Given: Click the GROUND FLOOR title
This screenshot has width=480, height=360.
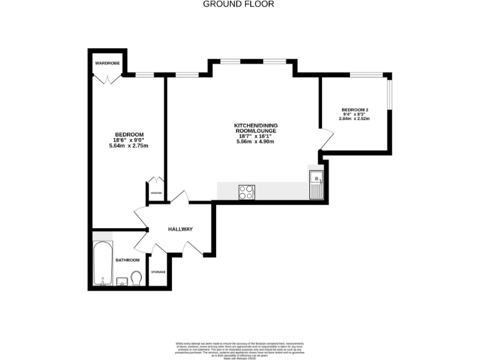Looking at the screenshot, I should point(239,4).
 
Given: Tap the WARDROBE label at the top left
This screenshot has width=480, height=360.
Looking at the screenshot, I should point(107,64).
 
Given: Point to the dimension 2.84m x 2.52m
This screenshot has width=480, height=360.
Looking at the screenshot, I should point(354,118).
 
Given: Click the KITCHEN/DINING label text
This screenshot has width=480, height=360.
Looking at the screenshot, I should point(255,126).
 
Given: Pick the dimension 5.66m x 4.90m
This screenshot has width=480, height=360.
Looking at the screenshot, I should point(255,142).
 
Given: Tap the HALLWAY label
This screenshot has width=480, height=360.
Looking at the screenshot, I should point(180,229).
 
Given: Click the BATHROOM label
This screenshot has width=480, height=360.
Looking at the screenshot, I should point(127,260).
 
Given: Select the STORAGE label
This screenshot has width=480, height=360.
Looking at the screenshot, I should point(158,272).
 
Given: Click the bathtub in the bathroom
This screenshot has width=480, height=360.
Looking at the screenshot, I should point(102,263).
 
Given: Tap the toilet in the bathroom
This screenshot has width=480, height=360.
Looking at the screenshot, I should point(137,277).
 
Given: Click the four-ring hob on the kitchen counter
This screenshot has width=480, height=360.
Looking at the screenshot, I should point(246,192).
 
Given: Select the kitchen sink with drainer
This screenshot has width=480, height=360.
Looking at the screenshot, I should point(316,183).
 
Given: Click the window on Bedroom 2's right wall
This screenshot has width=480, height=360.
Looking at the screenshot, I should point(391,94).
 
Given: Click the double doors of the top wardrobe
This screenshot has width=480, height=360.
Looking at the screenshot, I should point(107,78).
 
